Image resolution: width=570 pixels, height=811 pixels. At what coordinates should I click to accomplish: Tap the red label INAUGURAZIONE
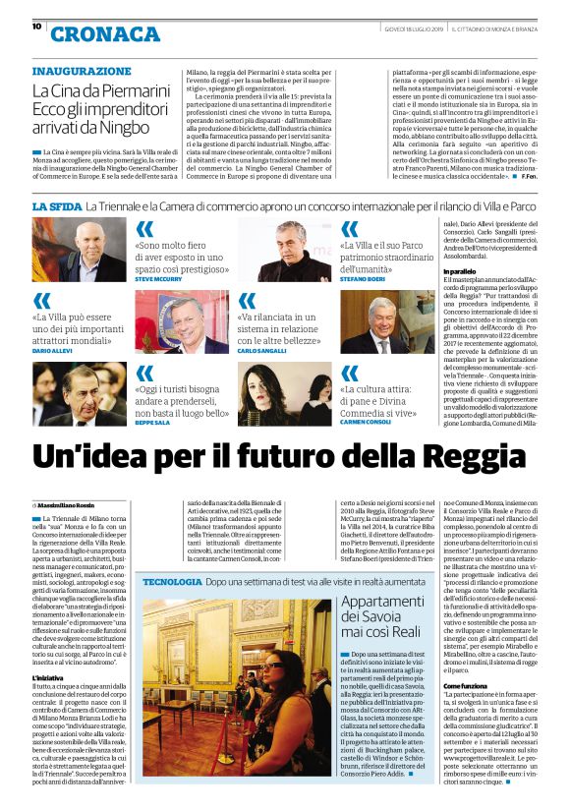click(x=81, y=72)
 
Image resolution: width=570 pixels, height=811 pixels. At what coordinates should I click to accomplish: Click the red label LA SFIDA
click(x=55, y=206)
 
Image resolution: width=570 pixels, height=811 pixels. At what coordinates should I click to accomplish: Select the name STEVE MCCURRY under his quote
click(x=159, y=279)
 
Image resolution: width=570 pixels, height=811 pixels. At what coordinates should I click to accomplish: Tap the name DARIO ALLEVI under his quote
click(x=55, y=350)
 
